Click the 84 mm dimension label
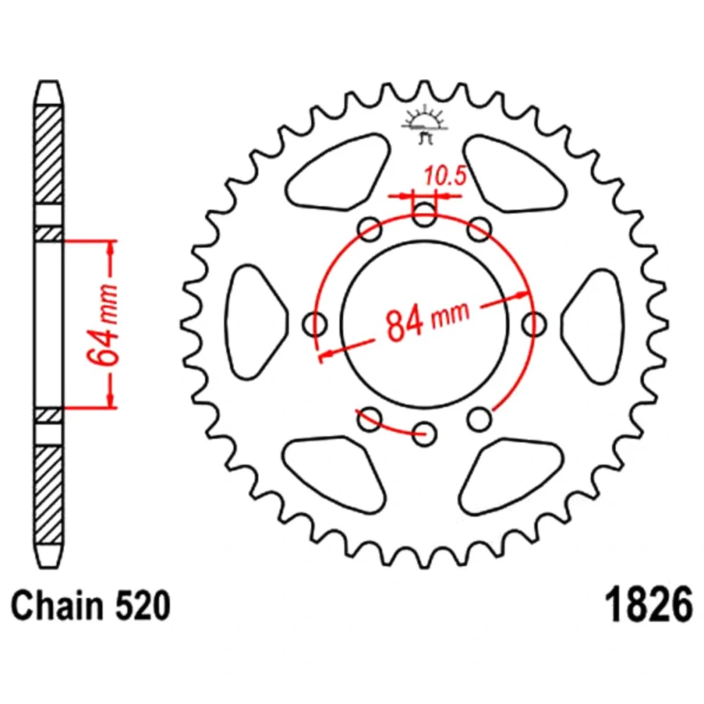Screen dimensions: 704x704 coord(427,320)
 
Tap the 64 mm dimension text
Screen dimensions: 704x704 coord(103,323)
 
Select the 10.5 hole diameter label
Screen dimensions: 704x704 coord(446,175)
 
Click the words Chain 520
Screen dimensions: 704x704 coord(91,605)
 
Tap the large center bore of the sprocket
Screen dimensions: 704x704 coord(425,324)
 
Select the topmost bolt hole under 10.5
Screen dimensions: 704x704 coord(425,214)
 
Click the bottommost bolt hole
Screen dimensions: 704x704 coord(425,434)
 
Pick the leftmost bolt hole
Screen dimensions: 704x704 coord(315,324)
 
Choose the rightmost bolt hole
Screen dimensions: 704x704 coord(534,324)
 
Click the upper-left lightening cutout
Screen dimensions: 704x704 coord(337,172)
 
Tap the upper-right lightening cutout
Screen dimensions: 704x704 coord(515,173)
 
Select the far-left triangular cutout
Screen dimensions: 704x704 coord(255,322)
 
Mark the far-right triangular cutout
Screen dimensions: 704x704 coord(593,326)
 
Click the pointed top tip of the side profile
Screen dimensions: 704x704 coord(49,81)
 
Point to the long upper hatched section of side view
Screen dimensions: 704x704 coord(49,154)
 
